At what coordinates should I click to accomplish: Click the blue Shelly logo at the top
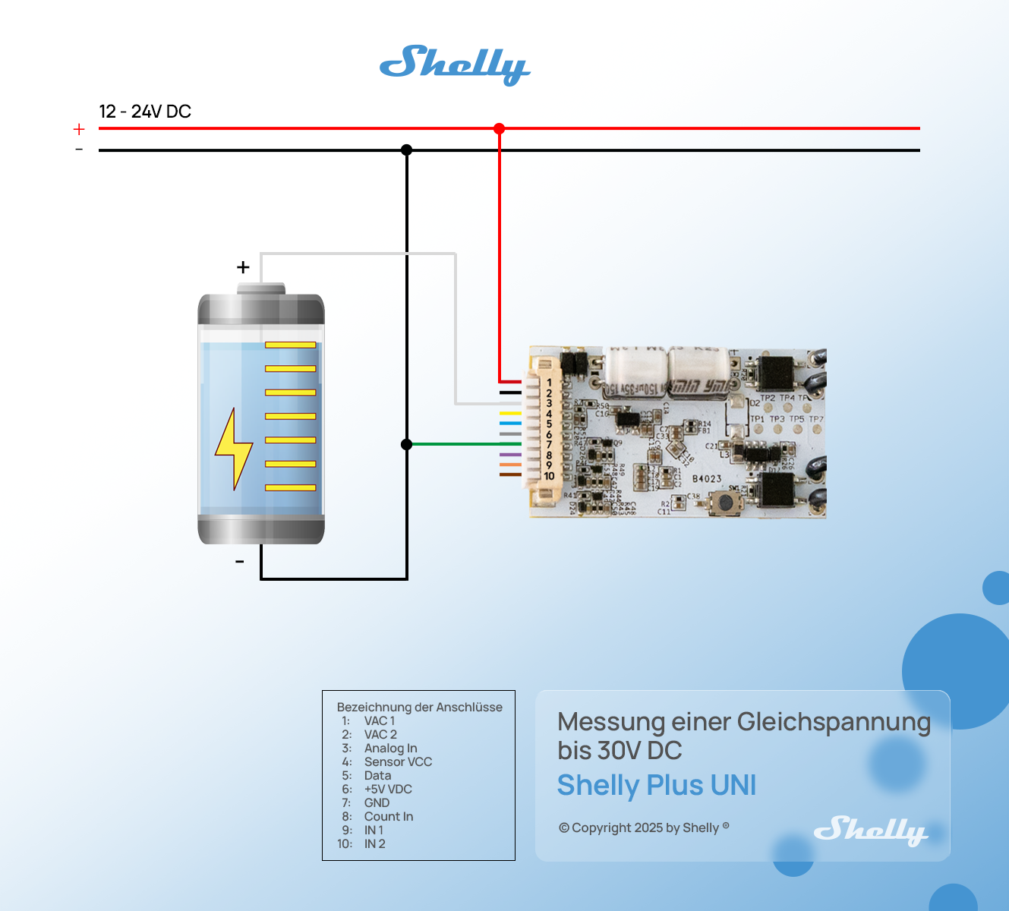click(454, 65)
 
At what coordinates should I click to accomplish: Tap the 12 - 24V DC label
click(145, 112)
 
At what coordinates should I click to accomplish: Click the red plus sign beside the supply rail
click(79, 130)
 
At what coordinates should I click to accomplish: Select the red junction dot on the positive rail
click(499, 128)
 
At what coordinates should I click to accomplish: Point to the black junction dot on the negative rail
click(407, 150)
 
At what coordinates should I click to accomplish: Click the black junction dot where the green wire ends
click(407, 444)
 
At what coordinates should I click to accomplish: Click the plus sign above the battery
click(243, 267)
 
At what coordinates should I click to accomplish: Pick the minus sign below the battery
click(240, 562)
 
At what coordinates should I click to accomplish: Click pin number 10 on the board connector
click(549, 476)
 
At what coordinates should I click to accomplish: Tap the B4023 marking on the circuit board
click(707, 478)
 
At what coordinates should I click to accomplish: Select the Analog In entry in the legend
click(390, 749)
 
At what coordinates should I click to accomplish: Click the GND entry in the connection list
click(377, 803)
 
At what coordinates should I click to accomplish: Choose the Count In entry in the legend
click(389, 817)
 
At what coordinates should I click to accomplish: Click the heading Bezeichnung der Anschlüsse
click(419, 708)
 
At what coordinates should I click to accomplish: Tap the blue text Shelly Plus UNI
click(657, 786)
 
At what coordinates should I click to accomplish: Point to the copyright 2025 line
click(644, 827)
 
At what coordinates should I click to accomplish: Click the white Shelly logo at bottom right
click(870, 831)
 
